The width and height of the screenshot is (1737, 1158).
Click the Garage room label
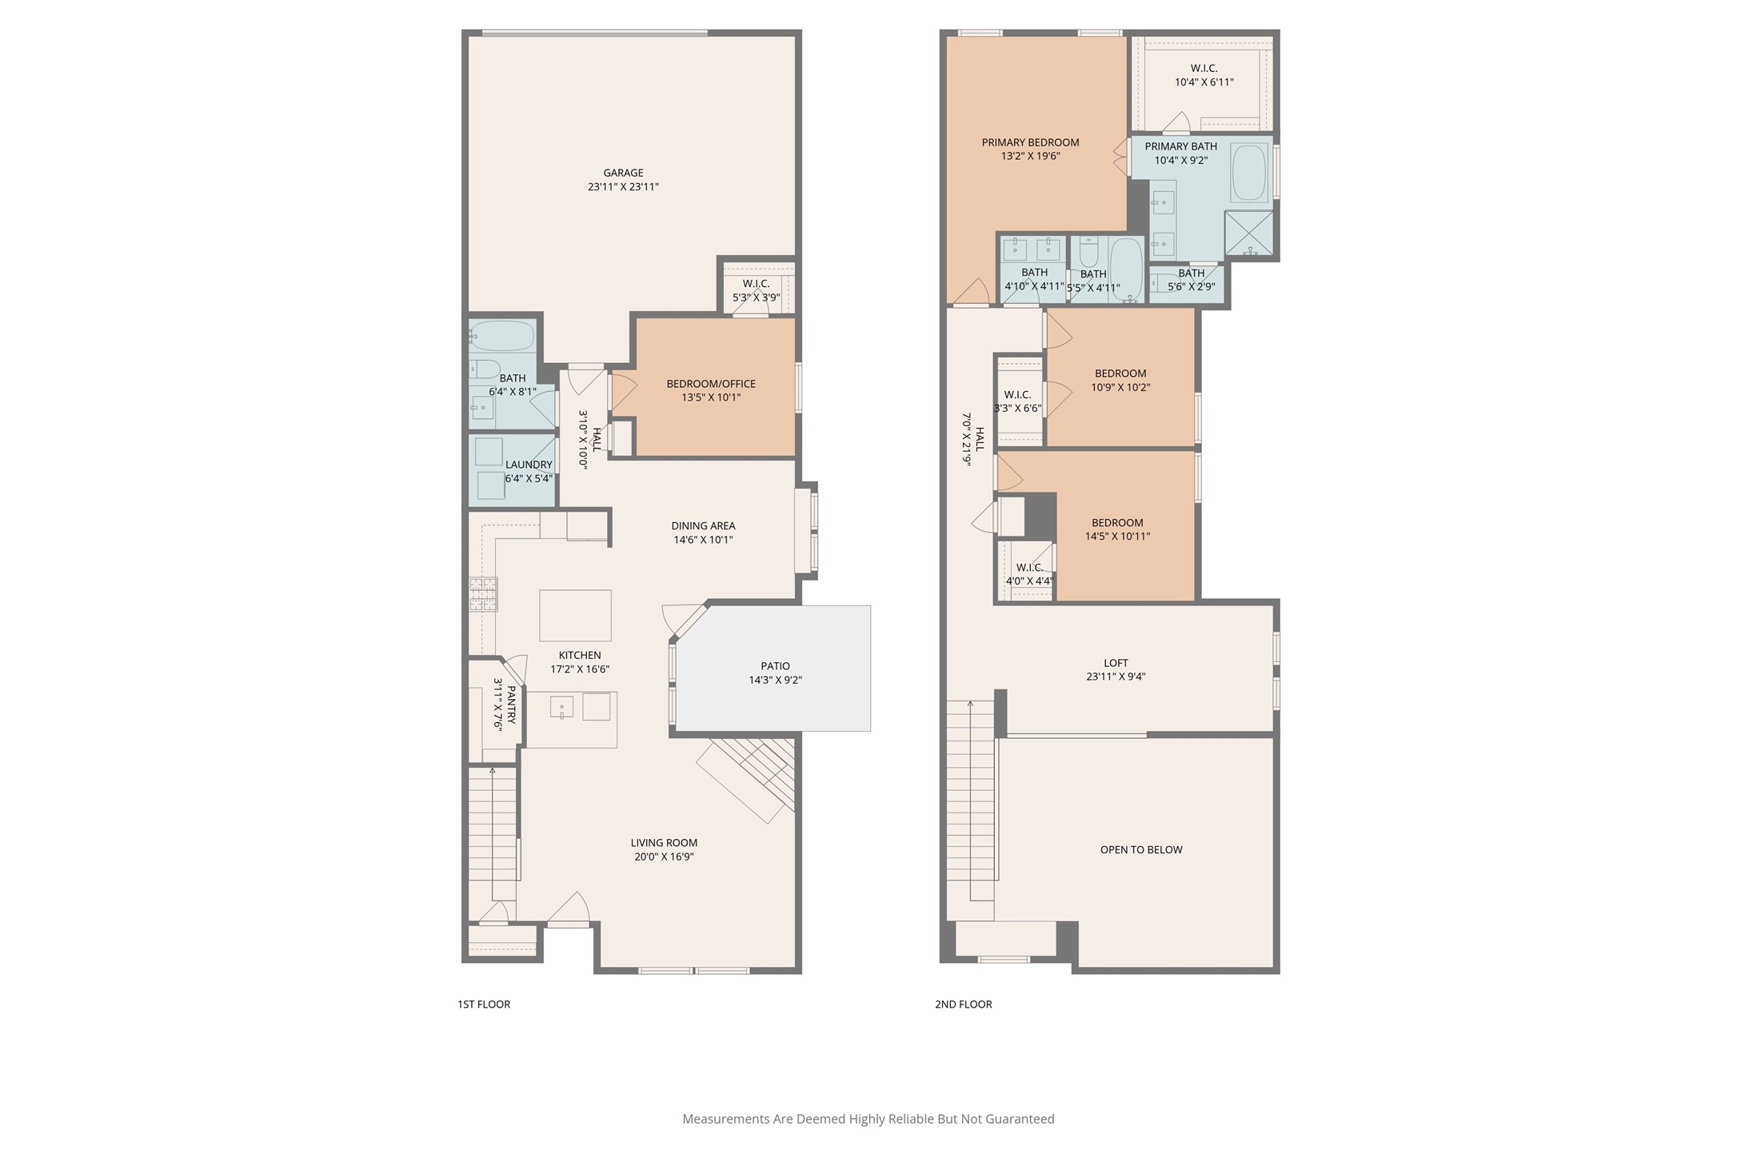[623, 173]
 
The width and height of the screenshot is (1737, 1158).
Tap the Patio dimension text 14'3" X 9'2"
[775, 681]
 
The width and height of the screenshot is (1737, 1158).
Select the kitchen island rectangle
[575, 616]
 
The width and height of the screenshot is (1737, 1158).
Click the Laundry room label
[529, 465]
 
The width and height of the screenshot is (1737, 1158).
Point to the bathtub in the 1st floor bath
[501, 336]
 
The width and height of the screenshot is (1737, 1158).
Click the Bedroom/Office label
[711, 384]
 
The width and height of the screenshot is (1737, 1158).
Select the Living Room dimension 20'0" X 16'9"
[664, 857]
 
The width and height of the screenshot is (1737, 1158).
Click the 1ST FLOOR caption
[484, 1004]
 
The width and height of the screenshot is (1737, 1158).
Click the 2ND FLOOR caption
[964, 1004]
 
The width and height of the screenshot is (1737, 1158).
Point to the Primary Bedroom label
[1031, 142]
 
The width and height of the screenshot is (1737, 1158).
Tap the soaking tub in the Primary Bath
[1249, 172]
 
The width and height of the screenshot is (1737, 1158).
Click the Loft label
[1116, 663]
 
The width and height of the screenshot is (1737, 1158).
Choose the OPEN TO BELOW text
[1141, 849]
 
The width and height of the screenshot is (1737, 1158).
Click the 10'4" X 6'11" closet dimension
[1204, 82]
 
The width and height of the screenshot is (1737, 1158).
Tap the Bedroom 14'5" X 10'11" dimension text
[1117, 537]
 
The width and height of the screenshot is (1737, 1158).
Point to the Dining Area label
[703, 526]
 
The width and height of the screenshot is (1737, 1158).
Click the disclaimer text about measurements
[868, 1119]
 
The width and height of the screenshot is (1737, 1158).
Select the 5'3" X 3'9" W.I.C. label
[756, 297]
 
